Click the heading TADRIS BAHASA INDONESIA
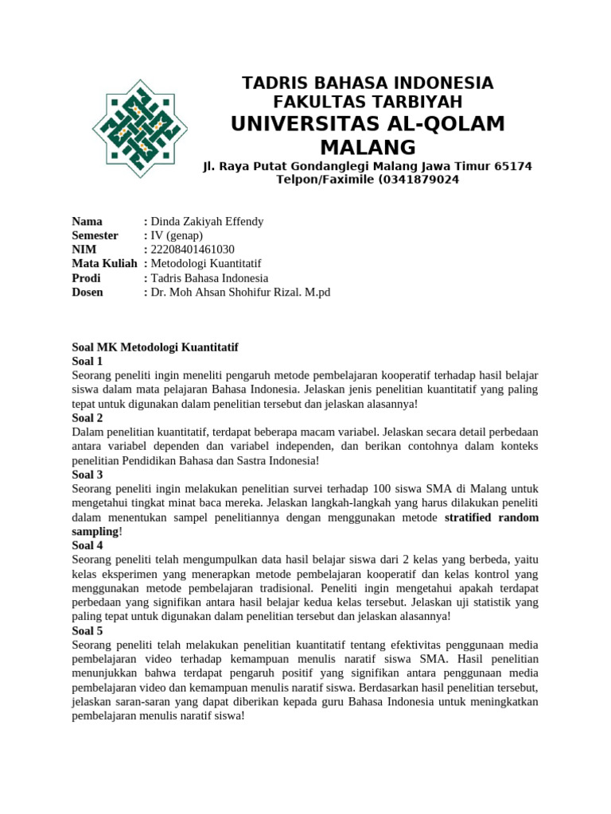click(x=368, y=83)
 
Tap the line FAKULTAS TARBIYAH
click(x=368, y=102)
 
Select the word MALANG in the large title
click(x=368, y=147)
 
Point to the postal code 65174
click(x=513, y=166)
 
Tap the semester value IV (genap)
click(x=177, y=235)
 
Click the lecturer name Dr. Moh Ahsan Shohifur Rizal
click(x=228, y=293)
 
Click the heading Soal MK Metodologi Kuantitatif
click(x=155, y=347)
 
